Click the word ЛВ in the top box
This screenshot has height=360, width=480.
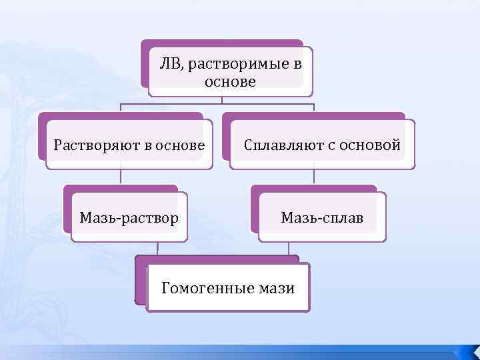[169, 64]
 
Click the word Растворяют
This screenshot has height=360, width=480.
[97, 145]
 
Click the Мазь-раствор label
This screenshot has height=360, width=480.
[129, 217]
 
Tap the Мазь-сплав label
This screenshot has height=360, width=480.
[322, 217]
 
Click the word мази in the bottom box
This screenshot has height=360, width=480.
[276, 288]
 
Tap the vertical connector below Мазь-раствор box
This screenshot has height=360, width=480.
[157, 248]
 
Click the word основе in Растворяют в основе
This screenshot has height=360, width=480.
[180, 145]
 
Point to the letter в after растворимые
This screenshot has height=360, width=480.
[297, 64]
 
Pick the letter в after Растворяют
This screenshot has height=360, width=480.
[148, 145]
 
